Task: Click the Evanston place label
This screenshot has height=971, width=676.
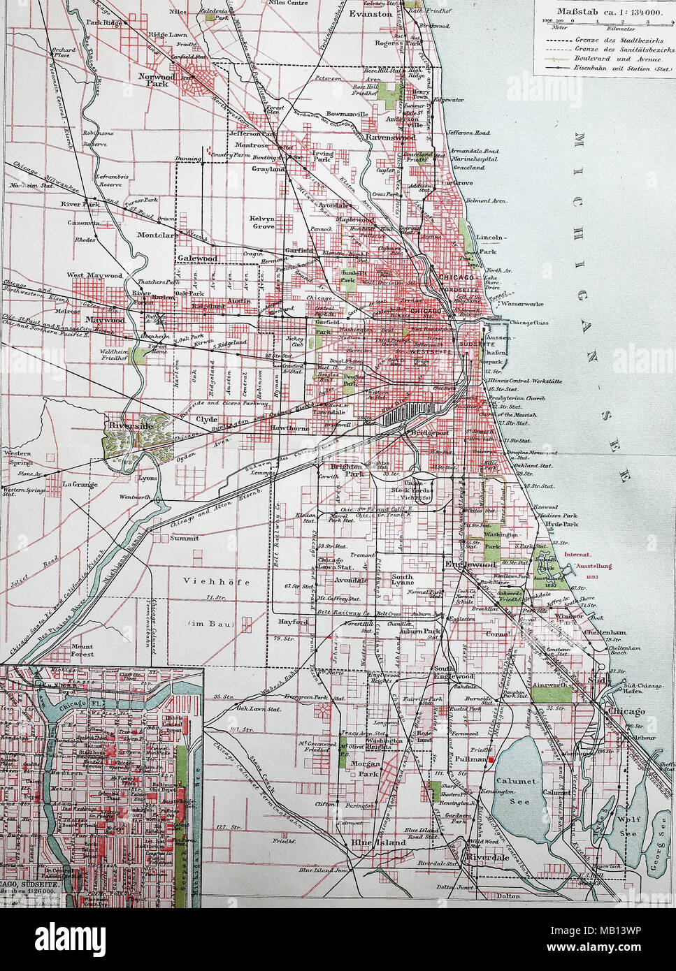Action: tap(371, 13)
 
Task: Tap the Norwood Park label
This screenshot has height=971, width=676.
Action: tap(152, 79)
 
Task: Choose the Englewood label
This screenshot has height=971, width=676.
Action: tap(471, 563)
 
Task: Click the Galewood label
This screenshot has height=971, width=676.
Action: tap(199, 258)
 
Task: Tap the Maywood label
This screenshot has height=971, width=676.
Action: tap(106, 321)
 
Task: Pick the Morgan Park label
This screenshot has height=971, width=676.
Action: tap(366, 768)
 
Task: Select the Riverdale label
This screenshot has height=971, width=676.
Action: tap(489, 856)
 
